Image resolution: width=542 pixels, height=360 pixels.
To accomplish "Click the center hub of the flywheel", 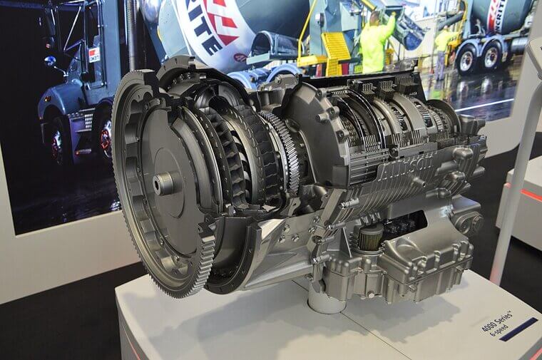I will (x=163, y=183).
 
